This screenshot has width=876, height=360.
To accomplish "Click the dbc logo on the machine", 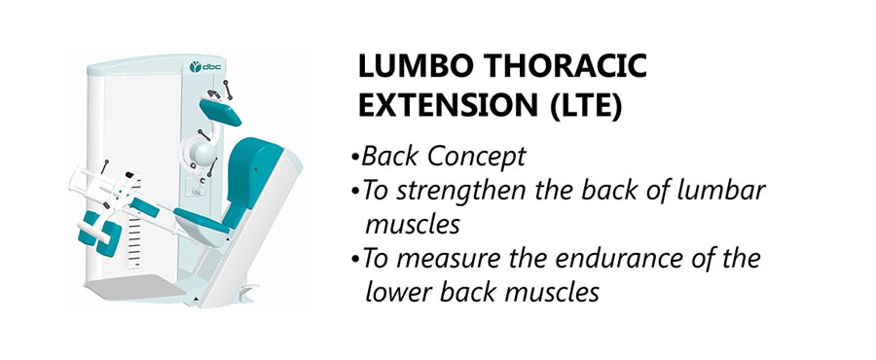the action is (x=205, y=67).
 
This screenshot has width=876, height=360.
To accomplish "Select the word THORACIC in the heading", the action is (x=565, y=67).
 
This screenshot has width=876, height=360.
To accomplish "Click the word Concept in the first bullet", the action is (x=477, y=158).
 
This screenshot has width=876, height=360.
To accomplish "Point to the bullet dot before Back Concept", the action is (x=354, y=159).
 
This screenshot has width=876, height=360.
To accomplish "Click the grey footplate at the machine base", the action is (x=136, y=288).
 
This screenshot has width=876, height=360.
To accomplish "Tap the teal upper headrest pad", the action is (x=220, y=112).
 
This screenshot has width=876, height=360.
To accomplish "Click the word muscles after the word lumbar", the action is (x=413, y=226).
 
